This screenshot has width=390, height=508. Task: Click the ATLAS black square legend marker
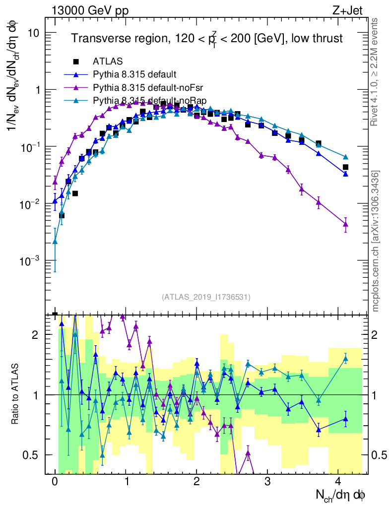click(76, 62)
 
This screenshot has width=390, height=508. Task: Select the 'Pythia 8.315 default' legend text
click(134, 75)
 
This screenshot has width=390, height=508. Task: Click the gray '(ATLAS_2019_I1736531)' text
click(206, 297)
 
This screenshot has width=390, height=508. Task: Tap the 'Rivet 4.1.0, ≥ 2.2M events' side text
click(376, 69)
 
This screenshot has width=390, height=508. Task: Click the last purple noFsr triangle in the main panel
click(345, 224)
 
